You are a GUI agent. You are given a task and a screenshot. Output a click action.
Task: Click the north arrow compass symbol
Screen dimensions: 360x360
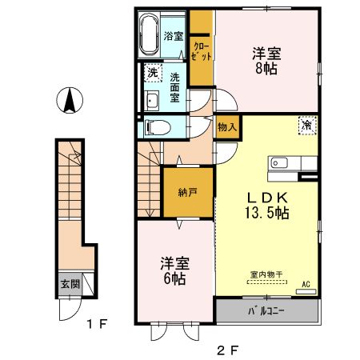[70, 102]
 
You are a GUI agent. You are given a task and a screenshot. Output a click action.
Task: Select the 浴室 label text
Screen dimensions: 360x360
[174, 36]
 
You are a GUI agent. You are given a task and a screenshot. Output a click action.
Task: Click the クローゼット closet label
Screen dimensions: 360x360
[202, 51]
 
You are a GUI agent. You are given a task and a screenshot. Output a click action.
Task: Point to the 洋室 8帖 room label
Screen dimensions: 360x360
[267, 61]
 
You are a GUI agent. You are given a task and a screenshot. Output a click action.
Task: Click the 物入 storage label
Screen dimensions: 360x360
[226, 127]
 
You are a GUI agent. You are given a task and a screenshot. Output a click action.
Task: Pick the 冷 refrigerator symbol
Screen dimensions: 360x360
[307, 124]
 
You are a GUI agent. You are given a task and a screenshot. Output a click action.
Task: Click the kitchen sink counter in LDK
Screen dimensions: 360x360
[282, 163]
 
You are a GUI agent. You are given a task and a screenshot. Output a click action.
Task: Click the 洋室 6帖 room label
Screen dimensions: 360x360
[175, 270]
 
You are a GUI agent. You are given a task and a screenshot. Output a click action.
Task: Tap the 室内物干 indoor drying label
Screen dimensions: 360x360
[266, 274]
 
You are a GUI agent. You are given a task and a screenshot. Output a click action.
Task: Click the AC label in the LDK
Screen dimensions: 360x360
[306, 284]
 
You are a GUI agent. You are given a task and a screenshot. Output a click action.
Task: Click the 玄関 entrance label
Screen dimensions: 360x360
[69, 283]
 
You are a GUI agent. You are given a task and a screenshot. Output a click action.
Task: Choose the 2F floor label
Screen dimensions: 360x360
[229, 349]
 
